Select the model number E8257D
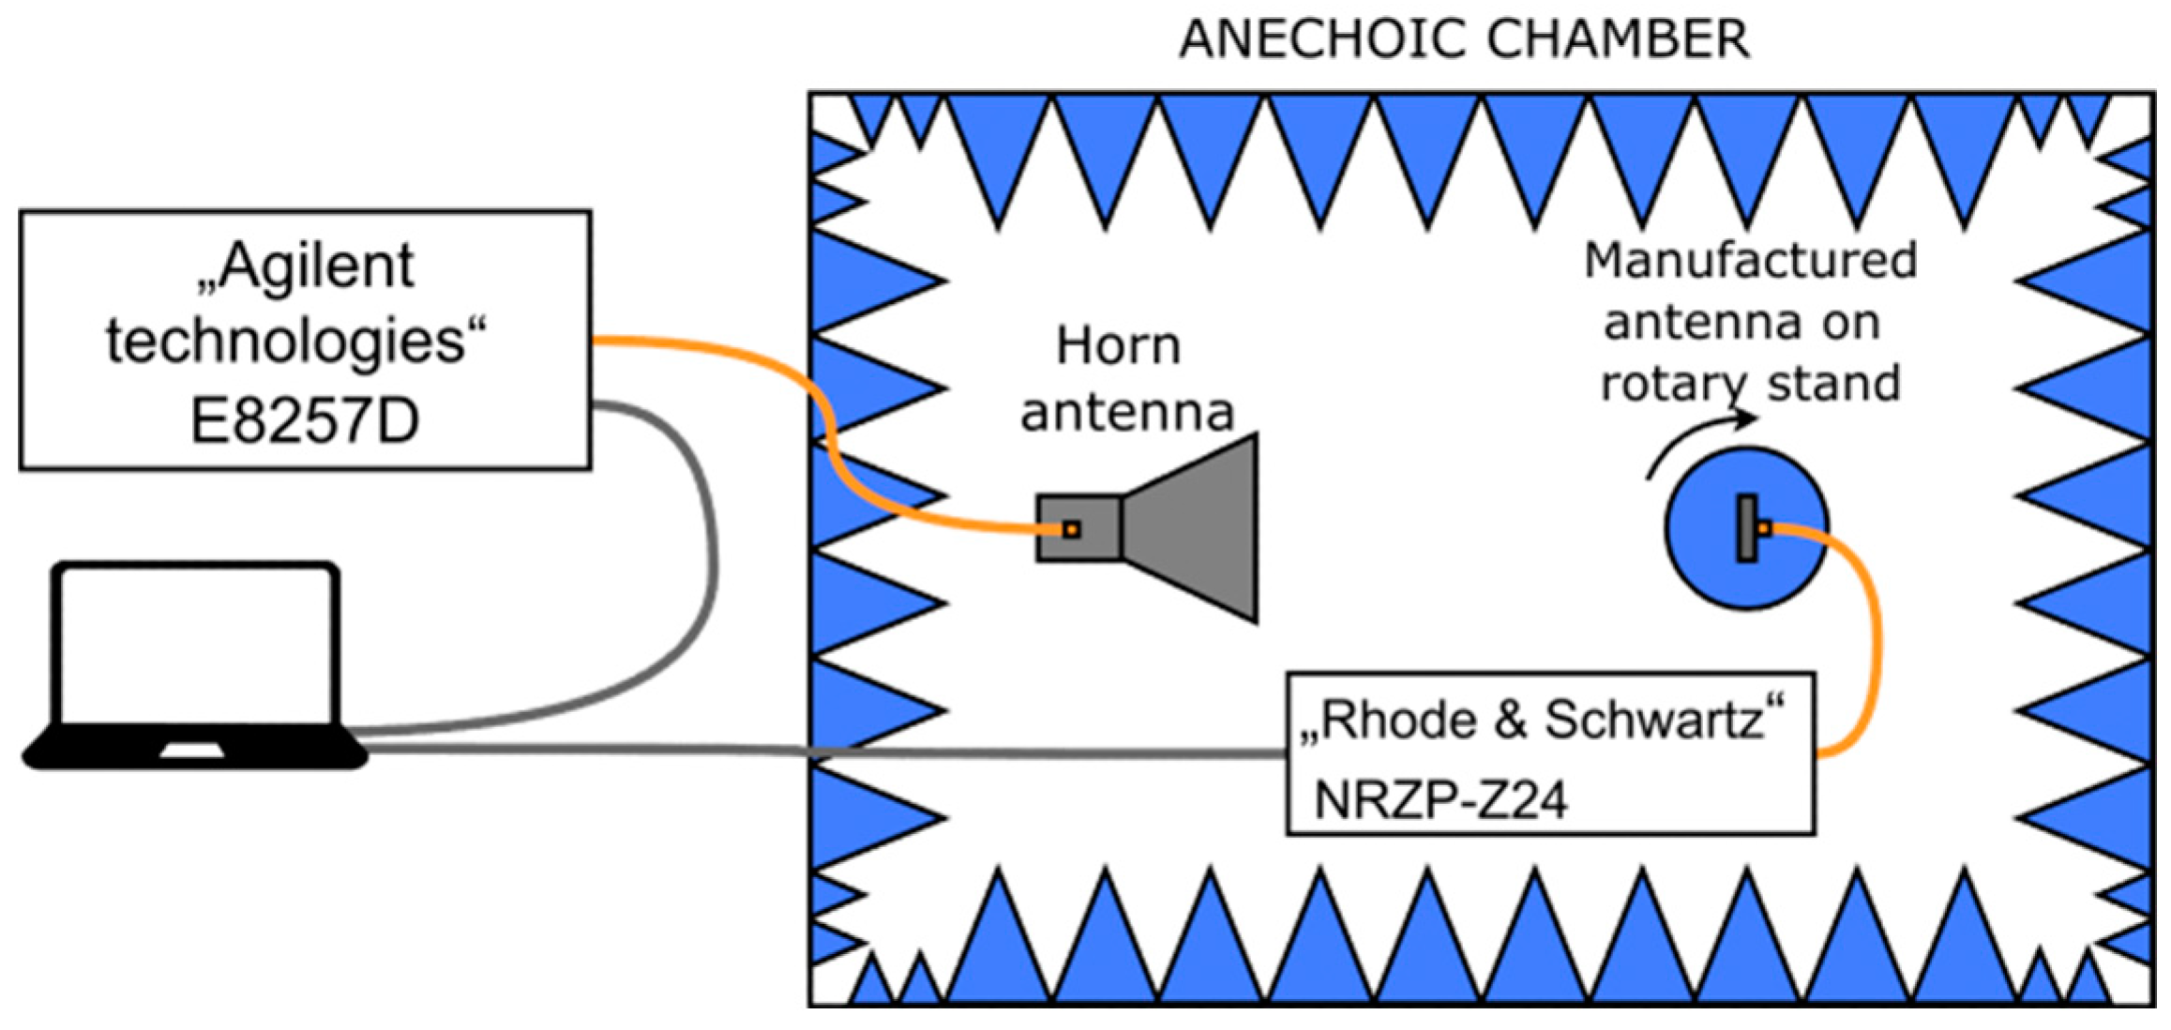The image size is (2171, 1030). pos(305,421)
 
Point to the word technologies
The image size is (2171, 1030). pos(285,341)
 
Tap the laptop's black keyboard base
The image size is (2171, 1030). pos(195,750)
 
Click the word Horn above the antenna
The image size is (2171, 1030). pos(1118,346)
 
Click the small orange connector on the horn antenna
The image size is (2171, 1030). pos(1071,530)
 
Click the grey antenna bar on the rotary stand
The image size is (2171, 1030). pos(1746,529)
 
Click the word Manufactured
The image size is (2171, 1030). pos(1750,261)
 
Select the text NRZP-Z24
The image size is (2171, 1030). pos(1440,800)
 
